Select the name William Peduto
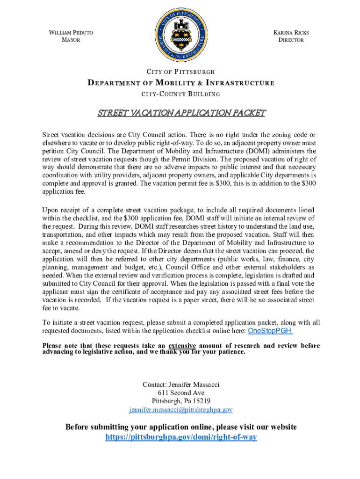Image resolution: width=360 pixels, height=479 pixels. coord(71,33)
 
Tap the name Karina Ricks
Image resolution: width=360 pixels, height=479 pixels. coord(291,33)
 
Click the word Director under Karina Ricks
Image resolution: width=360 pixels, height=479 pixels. coord(291,40)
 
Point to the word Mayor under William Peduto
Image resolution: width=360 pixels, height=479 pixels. coord(71,40)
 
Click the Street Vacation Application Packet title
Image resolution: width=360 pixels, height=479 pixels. coord(181,113)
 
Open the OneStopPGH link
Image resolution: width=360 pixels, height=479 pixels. coord(270,331)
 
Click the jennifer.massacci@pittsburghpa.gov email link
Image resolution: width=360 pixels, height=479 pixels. coord(181,410)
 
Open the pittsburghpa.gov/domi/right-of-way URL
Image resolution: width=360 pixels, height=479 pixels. coord(181,437)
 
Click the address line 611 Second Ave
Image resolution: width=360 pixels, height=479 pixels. coord(181,393)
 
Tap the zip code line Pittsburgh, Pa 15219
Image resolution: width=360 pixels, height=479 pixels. coord(181,401)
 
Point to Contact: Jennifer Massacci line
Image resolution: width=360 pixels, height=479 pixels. coord(181,385)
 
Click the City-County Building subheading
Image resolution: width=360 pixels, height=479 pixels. coord(181,94)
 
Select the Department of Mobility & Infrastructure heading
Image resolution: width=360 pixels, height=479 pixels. coord(181,83)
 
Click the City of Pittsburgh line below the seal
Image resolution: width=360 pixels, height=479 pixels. coord(181,72)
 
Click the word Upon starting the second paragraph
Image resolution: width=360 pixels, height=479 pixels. coord(50,210)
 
